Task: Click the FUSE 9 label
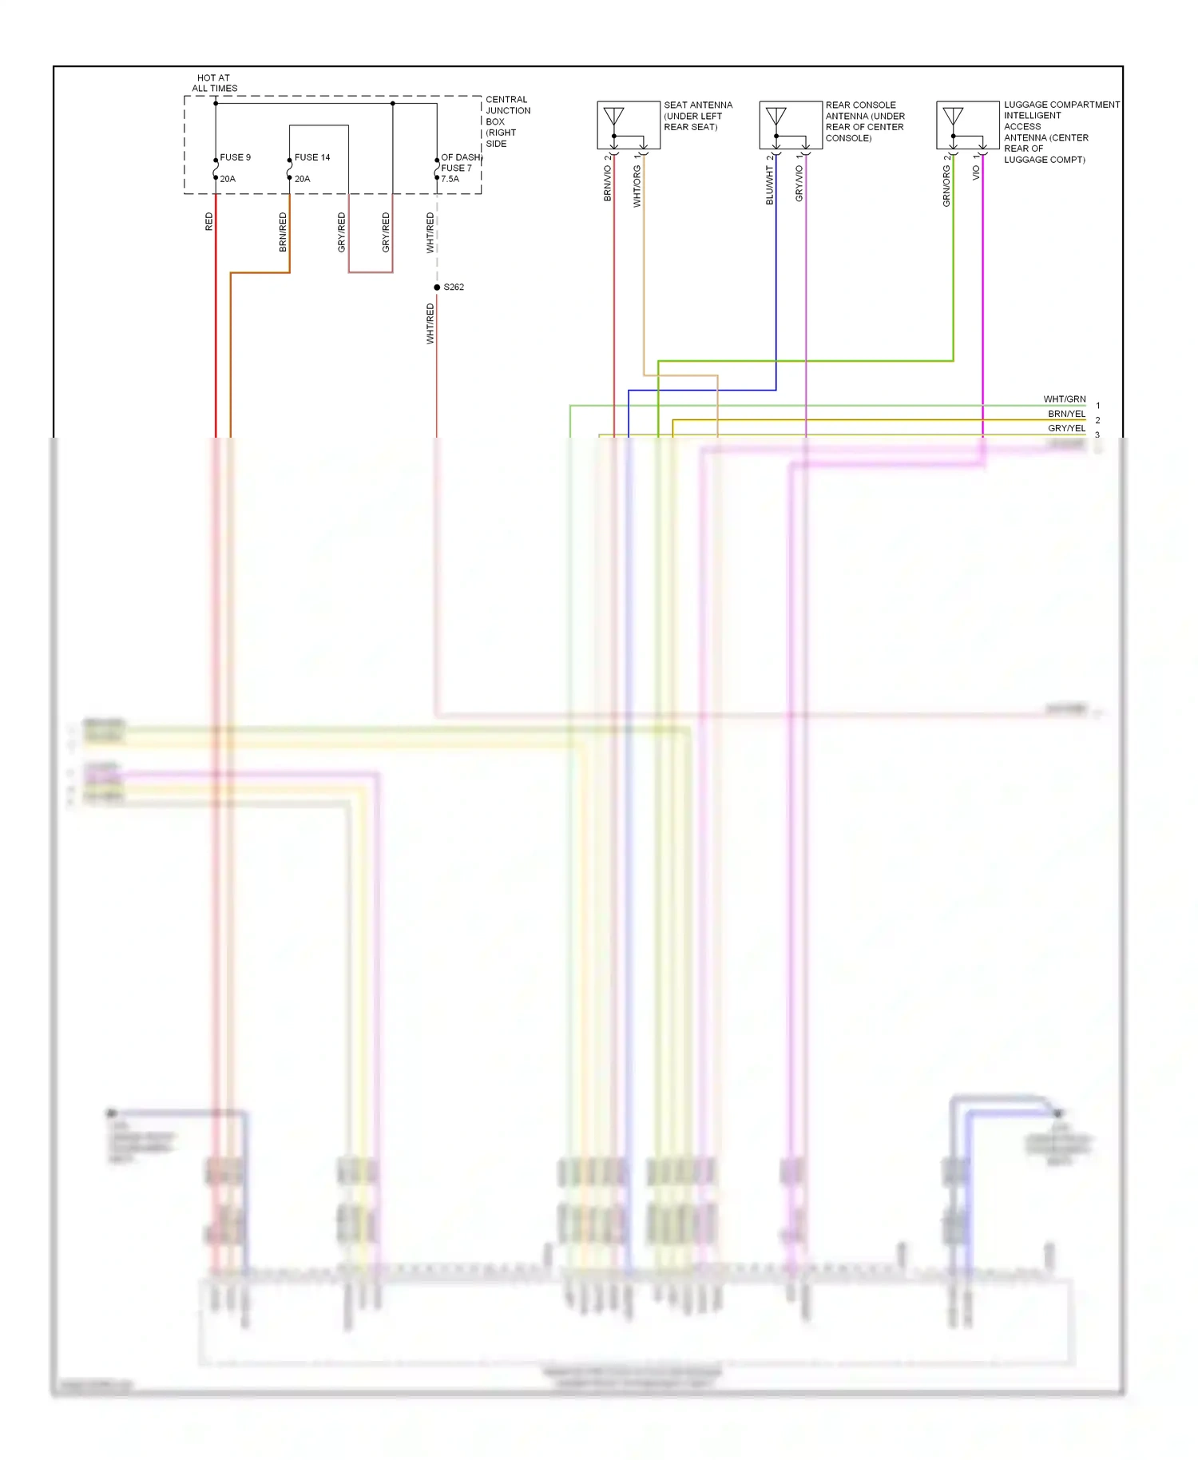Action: (x=235, y=157)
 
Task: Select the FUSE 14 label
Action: (x=311, y=157)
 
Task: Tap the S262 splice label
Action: (x=453, y=287)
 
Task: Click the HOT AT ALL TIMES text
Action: (x=214, y=83)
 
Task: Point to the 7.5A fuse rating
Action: (x=450, y=179)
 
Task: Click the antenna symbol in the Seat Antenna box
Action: (x=613, y=117)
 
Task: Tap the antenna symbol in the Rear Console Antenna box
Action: (x=776, y=117)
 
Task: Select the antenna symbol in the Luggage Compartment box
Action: (x=953, y=117)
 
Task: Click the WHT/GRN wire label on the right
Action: (x=1064, y=399)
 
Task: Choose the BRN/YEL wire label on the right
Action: (x=1066, y=414)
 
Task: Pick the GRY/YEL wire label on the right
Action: (x=1066, y=428)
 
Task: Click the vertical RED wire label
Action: (x=209, y=222)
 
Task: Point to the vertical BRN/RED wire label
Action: (x=283, y=232)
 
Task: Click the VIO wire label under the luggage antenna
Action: (x=976, y=173)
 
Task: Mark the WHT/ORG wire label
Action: (x=637, y=186)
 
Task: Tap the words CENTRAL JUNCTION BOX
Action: (x=507, y=111)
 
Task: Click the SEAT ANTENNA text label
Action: (x=697, y=105)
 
